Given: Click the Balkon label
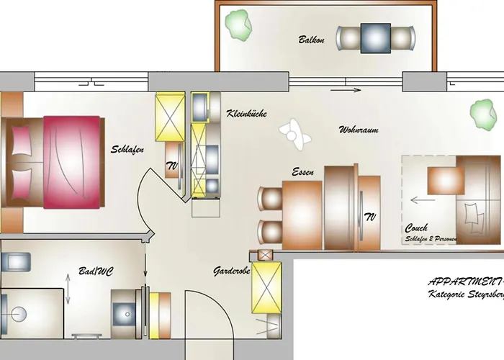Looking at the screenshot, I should (312, 40).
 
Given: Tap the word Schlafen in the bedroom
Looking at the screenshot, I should (128, 150).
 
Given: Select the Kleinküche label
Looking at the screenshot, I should (248, 114).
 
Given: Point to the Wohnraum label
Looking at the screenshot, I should (359, 130).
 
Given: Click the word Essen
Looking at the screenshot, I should (302, 173).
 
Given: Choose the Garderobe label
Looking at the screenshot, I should (232, 271).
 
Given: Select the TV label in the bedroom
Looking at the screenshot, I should (173, 166).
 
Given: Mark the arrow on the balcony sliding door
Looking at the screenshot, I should (348, 90).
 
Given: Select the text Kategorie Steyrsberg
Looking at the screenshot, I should (464, 296).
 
